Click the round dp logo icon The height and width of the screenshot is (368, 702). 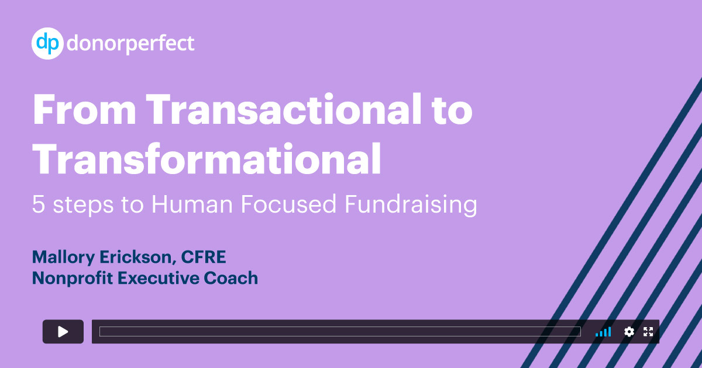[x=47, y=43]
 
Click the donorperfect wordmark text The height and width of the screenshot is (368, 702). [x=130, y=43]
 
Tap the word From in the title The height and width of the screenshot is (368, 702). [x=85, y=110]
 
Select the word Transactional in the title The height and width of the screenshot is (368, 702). [x=284, y=109]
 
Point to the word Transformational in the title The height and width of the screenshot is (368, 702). [x=207, y=158]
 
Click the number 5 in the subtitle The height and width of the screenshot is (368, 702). [x=38, y=204]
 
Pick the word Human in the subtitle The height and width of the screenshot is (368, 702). [x=192, y=204]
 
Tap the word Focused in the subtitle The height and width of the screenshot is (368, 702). [x=288, y=204]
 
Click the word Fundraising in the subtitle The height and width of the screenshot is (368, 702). [x=411, y=205]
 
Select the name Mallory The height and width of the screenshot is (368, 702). [x=64, y=258]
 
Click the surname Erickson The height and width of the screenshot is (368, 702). [x=136, y=258]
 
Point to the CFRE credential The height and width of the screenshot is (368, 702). [x=204, y=257]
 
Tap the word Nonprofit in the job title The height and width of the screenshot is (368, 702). [x=73, y=279]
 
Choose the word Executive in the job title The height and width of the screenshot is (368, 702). [x=159, y=278]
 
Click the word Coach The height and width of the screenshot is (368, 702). [x=231, y=278]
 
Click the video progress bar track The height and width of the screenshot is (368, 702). [x=340, y=331]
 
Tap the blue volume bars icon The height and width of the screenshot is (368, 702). [x=603, y=332]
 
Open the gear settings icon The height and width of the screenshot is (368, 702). [x=629, y=332]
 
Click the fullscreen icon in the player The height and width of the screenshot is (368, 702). [x=648, y=332]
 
